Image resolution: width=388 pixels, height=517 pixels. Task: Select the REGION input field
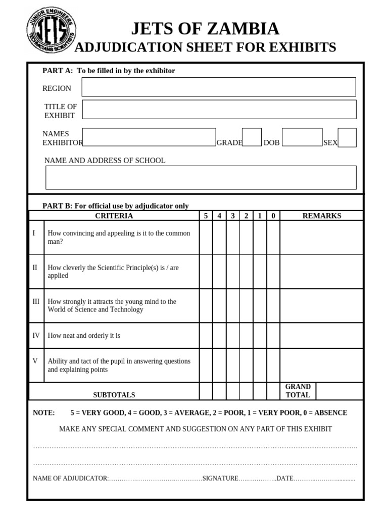219,87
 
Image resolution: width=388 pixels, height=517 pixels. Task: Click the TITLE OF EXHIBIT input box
219,110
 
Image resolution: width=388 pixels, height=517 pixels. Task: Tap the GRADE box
252,137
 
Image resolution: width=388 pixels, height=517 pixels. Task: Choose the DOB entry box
302,137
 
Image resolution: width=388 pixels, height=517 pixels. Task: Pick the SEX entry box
347,137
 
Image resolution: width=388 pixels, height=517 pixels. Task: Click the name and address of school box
201,177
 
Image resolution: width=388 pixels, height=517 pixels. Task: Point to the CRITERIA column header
114,216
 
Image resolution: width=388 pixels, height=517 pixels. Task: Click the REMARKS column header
321,216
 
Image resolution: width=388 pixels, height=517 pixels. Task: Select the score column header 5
206,216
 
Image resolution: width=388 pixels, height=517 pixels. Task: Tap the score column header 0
273,216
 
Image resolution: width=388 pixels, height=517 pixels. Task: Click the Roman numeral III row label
36,301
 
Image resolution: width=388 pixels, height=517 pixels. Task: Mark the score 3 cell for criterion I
233,237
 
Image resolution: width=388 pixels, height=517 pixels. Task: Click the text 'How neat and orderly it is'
84,335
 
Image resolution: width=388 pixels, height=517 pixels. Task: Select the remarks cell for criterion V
321,365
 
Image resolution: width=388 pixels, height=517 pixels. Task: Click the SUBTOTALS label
114,395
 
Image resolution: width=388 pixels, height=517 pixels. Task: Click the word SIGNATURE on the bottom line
220,478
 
